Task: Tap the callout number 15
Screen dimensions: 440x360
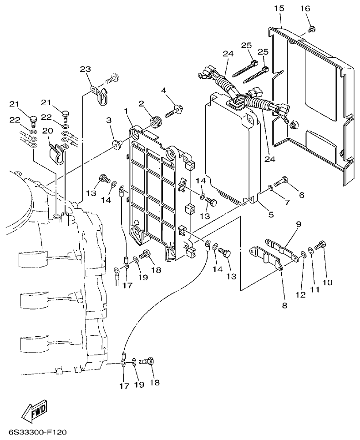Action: click(x=279, y=8)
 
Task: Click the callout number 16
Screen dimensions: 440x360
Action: click(x=304, y=8)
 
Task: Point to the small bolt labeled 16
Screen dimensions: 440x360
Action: click(x=312, y=29)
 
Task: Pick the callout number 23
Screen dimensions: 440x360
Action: click(x=85, y=69)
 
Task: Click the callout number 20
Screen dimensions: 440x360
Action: click(x=47, y=131)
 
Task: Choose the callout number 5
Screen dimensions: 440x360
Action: click(x=271, y=214)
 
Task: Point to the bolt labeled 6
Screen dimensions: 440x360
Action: click(x=280, y=181)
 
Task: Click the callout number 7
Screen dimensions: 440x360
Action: click(x=287, y=202)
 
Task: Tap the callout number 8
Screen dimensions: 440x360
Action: click(x=284, y=305)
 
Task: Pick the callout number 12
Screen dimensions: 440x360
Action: click(x=300, y=295)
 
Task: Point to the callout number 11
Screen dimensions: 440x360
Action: click(x=314, y=289)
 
